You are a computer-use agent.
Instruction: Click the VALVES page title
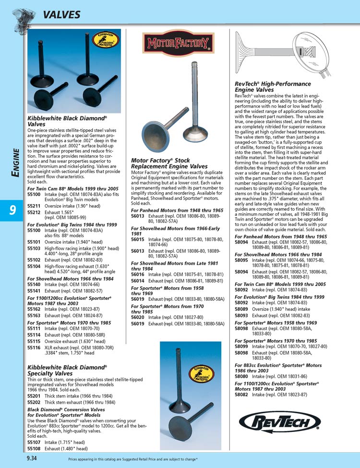61,15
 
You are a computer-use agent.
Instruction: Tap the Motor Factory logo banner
178,44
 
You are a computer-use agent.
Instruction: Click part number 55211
34,206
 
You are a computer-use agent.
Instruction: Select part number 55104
34,266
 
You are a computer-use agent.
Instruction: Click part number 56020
138,318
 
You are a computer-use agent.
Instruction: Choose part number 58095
241,260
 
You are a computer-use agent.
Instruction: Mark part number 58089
241,309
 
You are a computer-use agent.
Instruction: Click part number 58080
241,377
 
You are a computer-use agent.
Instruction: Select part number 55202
34,402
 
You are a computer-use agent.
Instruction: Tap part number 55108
34,448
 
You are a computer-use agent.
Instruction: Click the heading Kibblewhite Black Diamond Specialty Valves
66,370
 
